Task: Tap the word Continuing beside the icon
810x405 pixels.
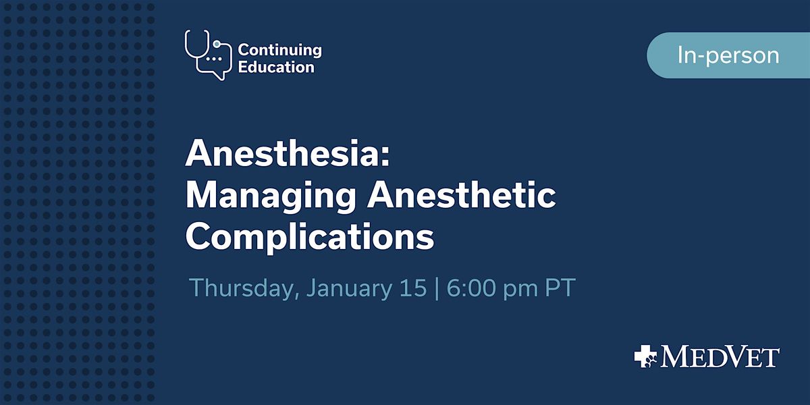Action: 279,50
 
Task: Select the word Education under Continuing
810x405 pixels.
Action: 275,67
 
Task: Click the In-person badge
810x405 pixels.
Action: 728,55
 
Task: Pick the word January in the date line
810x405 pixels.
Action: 349,288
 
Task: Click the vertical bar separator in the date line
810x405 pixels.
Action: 436,288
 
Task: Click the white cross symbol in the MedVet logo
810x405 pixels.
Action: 646,356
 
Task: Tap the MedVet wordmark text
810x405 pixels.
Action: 720,357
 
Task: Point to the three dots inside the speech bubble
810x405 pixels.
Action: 215,59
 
